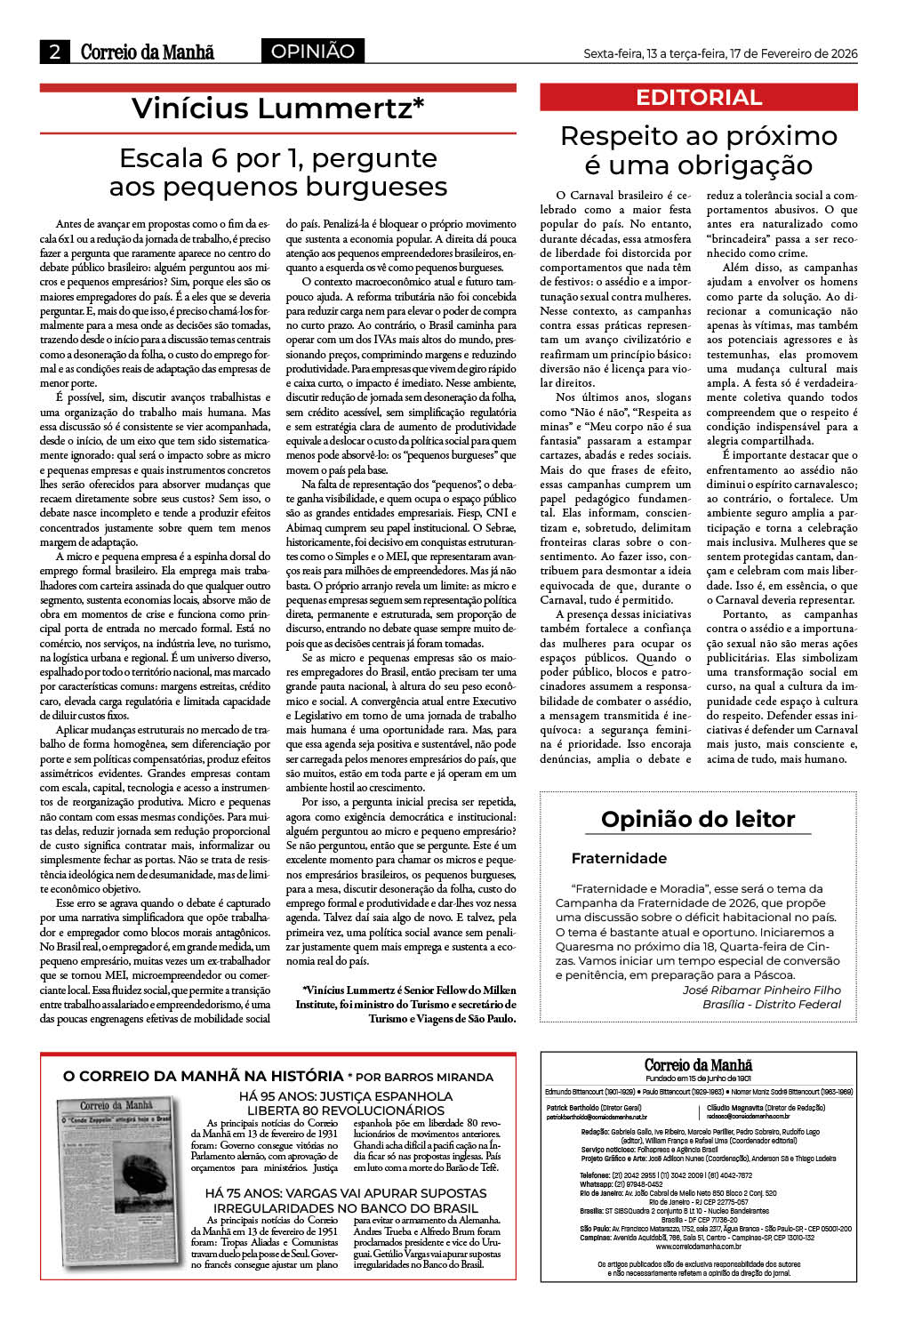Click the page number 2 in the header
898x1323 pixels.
point(54,52)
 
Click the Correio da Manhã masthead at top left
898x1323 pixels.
point(147,52)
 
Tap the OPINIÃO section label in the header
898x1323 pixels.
point(312,52)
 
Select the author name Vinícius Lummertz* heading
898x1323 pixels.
point(277,108)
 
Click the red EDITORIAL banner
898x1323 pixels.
point(699,98)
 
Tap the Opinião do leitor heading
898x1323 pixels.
point(698,819)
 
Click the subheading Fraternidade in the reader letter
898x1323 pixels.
point(619,858)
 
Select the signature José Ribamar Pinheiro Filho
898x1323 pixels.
point(761,990)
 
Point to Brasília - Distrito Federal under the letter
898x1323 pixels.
point(771,1004)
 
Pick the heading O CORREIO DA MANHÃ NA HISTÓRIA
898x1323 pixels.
point(203,1076)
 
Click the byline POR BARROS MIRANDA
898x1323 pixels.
point(425,1077)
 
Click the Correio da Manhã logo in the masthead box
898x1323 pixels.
point(698,1064)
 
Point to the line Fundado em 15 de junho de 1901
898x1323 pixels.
point(698,1078)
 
